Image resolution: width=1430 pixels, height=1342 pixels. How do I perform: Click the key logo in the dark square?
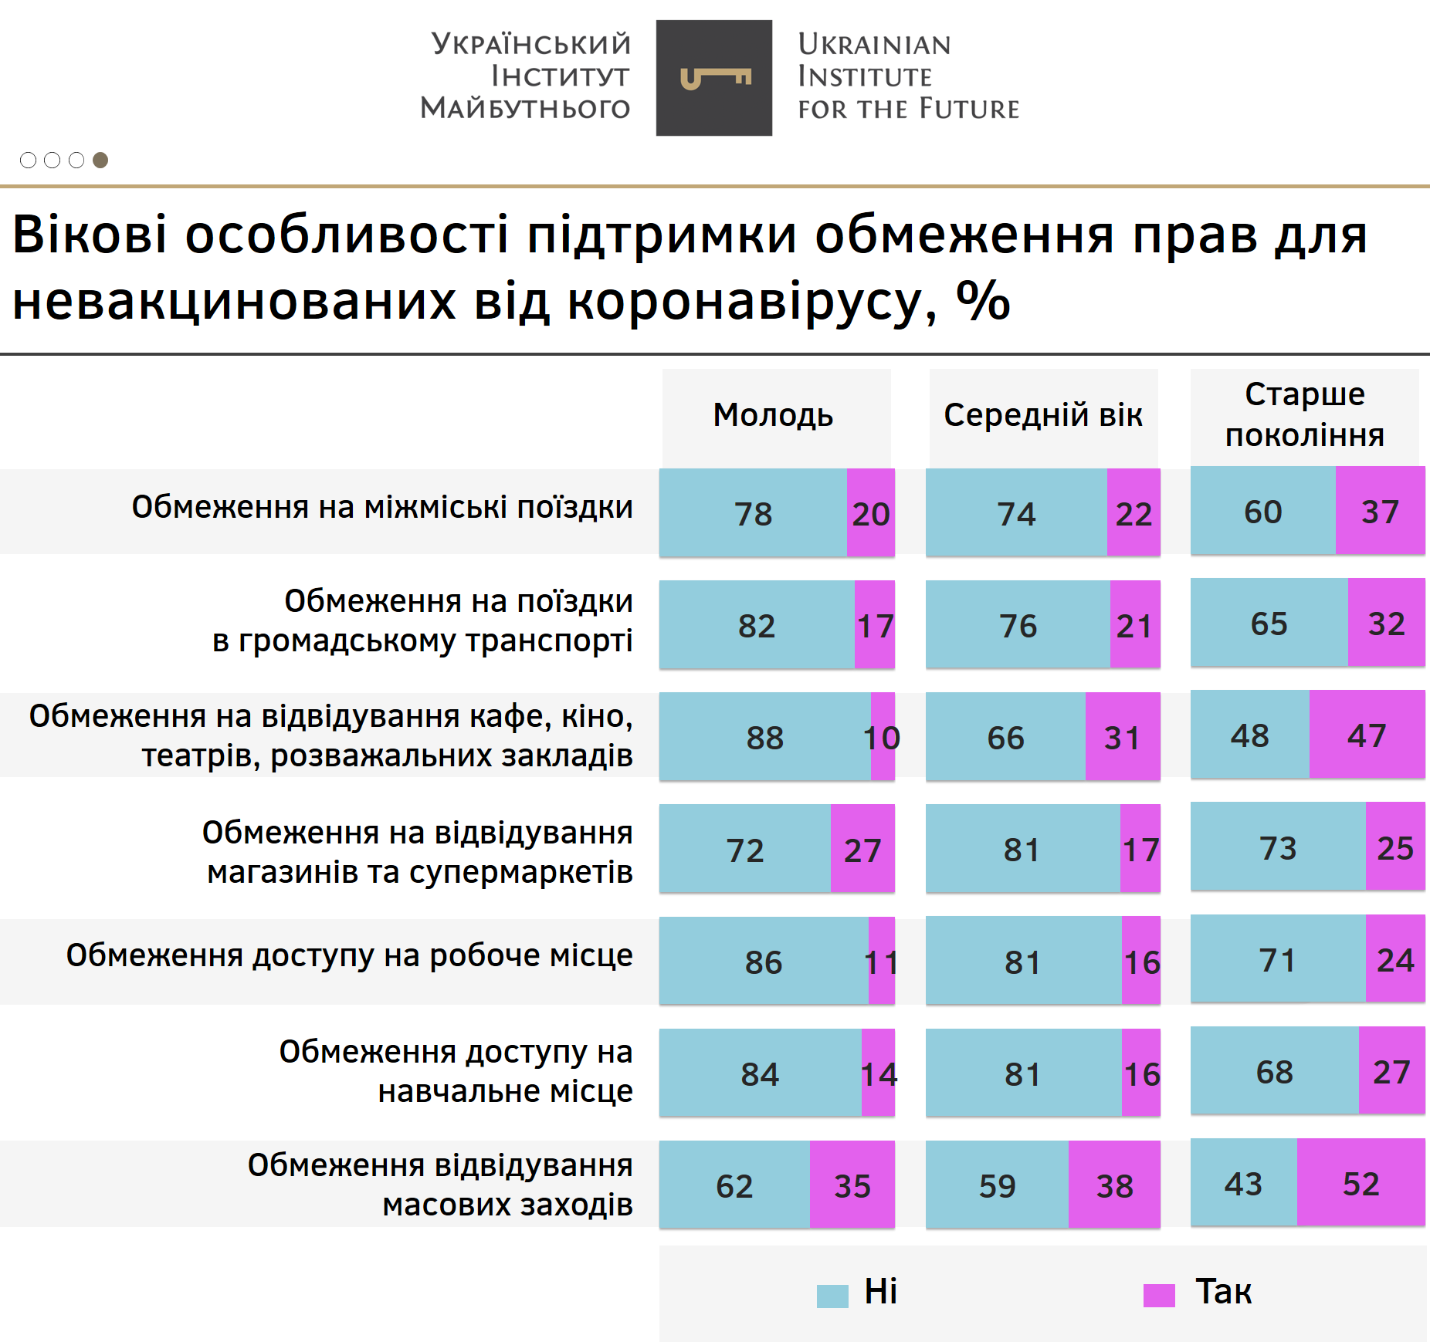tap(714, 78)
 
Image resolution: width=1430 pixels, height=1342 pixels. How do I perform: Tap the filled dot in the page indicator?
tap(100, 160)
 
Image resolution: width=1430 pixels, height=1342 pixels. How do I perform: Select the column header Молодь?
tap(773, 415)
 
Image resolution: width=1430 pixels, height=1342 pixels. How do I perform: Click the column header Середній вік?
tap(1042, 415)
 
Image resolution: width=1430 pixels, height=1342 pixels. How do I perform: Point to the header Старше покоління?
tap(1304, 415)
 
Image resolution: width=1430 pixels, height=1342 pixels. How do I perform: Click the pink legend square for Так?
tap(1158, 1295)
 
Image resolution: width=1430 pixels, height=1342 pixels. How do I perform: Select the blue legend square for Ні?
tap(832, 1295)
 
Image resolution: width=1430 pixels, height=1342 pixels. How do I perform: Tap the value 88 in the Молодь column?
tap(764, 738)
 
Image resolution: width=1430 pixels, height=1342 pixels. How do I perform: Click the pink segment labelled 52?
tap(1361, 1184)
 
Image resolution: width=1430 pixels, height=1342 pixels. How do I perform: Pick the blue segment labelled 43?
tap(1243, 1184)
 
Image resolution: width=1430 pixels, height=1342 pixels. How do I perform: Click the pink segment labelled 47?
tap(1367, 735)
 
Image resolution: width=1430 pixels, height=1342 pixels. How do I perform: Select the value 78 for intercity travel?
tap(753, 514)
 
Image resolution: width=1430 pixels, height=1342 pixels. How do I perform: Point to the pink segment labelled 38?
tap(1114, 1186)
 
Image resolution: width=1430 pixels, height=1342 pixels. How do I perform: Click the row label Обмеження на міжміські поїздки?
tap(382, 508)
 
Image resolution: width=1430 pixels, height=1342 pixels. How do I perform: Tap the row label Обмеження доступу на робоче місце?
tap(349, 955)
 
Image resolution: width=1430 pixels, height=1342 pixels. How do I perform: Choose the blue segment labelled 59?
tap(997, 1186)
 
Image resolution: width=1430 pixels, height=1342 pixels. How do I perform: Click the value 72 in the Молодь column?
tap(745, 850)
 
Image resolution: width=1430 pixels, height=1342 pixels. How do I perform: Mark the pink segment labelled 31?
tap(1122, 738)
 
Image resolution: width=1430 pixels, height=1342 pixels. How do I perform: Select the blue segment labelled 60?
tap(1262, 512)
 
